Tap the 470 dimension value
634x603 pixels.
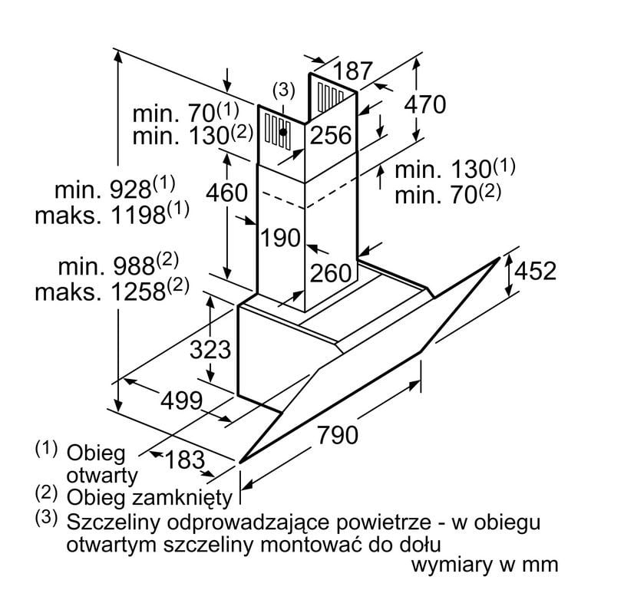tap(424, 105)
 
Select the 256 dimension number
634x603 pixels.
tap(331, 136)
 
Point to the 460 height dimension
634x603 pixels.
tap(228, 192)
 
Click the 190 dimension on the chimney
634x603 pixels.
tap(279, 238)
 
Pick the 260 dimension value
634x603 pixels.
tap(331, 273)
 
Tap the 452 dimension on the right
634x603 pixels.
tap(534, 271)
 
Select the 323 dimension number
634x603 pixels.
tap(210, 350)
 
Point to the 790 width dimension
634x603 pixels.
tap(337, 435)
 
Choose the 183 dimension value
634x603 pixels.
tap(183, 460)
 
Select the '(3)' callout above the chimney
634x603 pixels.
tap(283, 90)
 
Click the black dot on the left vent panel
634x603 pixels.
tap(284, 132)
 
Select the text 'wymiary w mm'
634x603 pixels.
tap(484, 566)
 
